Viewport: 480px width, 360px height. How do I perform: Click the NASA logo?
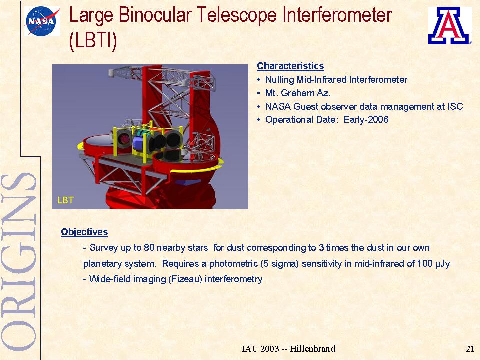pyautogui.click(x=42, y=21)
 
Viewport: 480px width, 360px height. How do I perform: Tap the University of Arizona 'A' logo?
pyautogui.click(x=448, y=26)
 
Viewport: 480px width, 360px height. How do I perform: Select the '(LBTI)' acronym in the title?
pyautogui.click(x=93, y=41)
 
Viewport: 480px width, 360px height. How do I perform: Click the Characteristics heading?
pyautogui.click(x=290, y=66)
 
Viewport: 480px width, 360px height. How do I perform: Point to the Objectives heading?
pyautogui.click(x=84, y=232)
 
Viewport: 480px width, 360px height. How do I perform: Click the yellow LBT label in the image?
pyautogui.click(x=66, y=200)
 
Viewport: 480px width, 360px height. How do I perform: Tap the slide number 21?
pyautogui.click(x=470, y=349)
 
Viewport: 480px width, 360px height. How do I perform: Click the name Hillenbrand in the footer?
pyautogui.click(x=312, y=349)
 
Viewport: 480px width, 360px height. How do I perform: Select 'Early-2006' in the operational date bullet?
pyautogui.click(x=366, y=119)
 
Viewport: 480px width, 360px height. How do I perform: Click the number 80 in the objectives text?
pyautogui.click(x=149, y=248)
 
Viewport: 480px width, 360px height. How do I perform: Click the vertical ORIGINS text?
pyautogui.click(x=19, y=262)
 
